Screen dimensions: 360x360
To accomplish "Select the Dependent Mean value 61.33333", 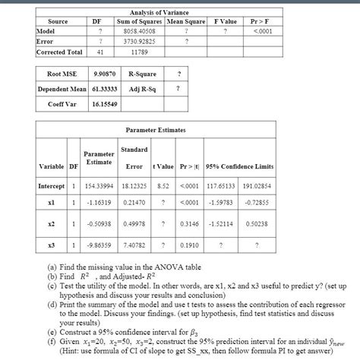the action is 104,90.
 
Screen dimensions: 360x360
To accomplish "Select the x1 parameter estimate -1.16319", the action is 99,204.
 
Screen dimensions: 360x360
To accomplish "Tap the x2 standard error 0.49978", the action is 134,226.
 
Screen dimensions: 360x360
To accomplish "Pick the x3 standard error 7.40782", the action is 134,246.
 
